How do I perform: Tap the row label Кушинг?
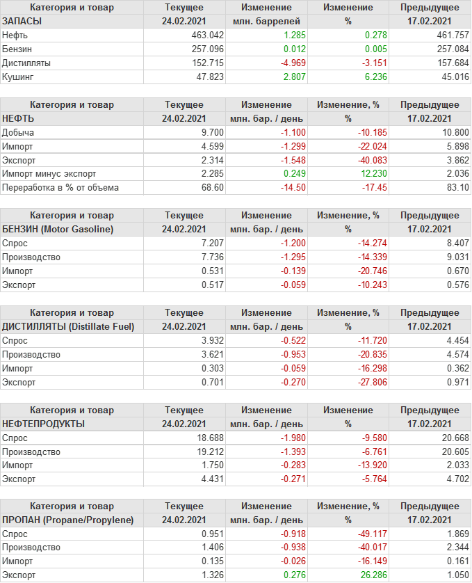[x=18, y=77]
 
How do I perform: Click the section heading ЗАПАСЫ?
[x=22, y=21]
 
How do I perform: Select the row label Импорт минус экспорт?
[x=49, y=174]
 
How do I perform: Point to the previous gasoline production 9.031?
[x=456, y=257]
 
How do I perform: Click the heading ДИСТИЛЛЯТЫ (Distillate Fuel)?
[x=68, y=326]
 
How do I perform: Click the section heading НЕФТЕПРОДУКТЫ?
[x=44, y=424]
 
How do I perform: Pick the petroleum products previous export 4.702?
[x=456, y=479]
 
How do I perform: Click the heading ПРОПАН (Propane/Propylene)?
[x=67, y=520]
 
